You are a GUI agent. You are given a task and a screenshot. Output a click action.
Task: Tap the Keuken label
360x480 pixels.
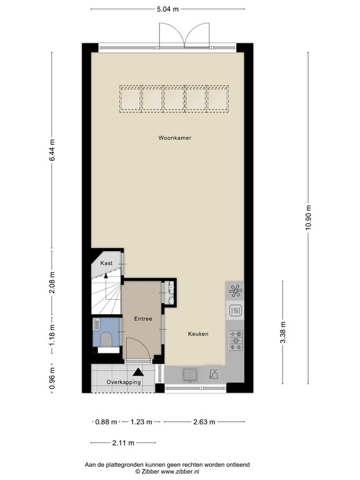(x=197, y=334)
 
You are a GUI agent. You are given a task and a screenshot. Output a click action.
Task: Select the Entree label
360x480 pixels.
(x=143, y=319)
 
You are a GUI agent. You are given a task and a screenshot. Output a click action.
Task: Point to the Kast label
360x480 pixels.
(x=106, y=264)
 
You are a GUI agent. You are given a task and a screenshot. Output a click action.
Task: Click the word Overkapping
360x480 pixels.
(x=123, y=382)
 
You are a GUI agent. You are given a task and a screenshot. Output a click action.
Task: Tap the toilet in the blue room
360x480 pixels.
(x=106, y=339)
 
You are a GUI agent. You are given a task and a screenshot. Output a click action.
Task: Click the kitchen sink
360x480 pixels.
(x=189, y=374)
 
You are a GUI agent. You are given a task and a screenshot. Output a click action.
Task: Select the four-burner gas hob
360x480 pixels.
(x=236, y=340)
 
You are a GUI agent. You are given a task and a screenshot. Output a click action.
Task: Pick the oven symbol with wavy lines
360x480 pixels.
(x=236, y=311)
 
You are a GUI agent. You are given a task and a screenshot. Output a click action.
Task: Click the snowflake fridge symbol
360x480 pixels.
(x=236, y=291)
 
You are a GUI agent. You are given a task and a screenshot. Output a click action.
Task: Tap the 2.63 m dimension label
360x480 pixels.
(x=203, y=422)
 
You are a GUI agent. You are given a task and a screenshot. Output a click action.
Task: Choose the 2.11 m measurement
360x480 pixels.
(x=124, y=443)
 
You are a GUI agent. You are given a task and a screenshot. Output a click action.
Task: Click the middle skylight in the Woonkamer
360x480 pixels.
(x=174, y=99)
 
